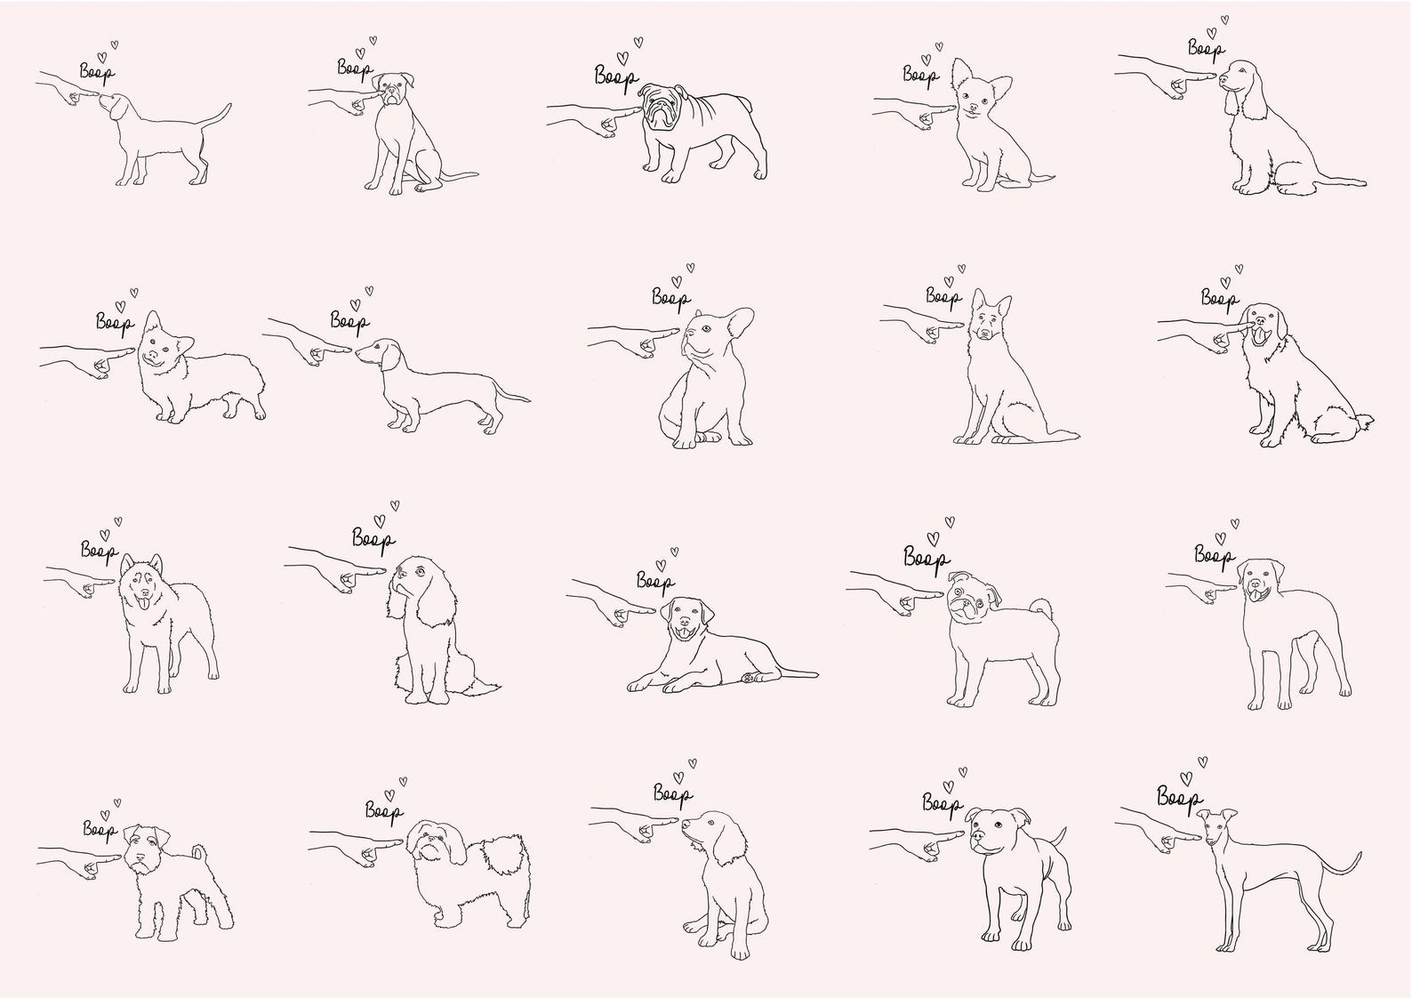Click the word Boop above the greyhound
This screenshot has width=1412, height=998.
coord(1179,797)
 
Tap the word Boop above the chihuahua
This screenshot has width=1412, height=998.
coord(920,75)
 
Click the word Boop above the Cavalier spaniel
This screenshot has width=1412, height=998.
coord(373,537)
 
